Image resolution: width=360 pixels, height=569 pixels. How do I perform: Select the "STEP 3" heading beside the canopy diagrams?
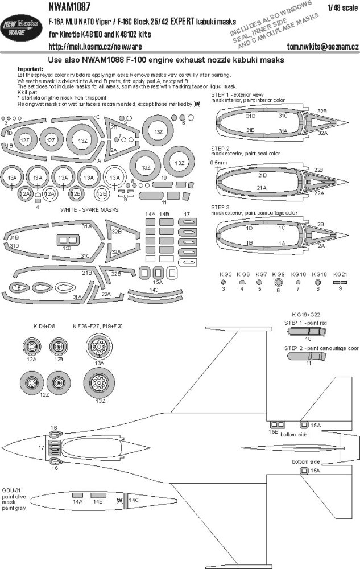(220, 207)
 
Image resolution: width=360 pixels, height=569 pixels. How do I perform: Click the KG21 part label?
(340, 274)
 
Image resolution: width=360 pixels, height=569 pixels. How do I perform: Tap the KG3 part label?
(226, 274)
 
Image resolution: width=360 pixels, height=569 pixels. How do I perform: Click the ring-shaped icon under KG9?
(279, 282)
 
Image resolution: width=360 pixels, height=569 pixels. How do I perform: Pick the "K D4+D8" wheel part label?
(43, 326)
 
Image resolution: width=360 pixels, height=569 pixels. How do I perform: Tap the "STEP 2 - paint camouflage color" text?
(321, 346)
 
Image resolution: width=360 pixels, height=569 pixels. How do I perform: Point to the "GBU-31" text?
(11, 489)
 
